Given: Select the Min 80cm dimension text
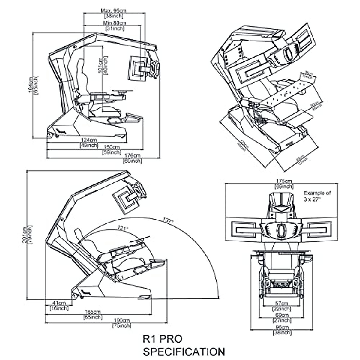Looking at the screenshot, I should tap(115, 23).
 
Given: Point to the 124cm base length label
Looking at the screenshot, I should tap(89, 140).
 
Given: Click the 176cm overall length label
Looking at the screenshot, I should tap(132, 155).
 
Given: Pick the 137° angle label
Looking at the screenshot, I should tap(169, 221).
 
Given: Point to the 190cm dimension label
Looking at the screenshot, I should tap(121, 320).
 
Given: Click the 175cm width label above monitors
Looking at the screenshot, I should tap(284, 181).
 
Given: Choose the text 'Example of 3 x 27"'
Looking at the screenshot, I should tap(317, 196).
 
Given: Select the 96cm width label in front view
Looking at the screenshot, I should tap(282, 328).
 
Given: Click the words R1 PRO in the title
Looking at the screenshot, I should tap(163, 339).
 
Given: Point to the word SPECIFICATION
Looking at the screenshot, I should tap(184, 351).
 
